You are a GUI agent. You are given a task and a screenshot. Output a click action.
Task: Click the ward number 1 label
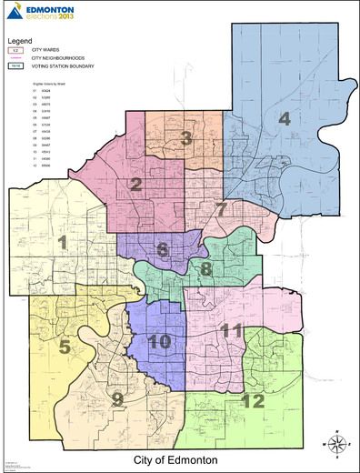[x=63, y=242]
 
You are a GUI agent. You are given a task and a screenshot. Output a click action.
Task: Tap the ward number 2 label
[x=135, y=186]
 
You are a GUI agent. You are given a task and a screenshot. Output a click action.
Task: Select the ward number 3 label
[x=185, y=138]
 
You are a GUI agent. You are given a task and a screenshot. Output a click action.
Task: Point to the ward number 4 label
[x=284, y=119]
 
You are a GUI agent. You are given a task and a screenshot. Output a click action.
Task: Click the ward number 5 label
[x=65, y=346]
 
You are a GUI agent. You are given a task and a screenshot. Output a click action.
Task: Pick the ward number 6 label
[x=163, y=249]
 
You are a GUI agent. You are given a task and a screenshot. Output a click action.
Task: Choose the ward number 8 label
[x=206, y=269]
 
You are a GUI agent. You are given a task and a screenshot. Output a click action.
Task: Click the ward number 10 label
[x=159, y=341]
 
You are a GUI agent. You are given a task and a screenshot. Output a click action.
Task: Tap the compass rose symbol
[x=336, y=443]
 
